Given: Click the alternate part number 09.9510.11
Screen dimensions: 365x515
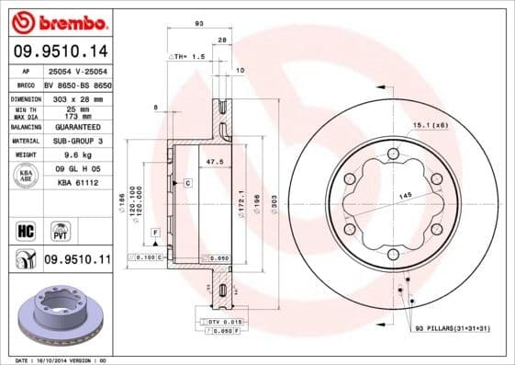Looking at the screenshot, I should pos(77,261).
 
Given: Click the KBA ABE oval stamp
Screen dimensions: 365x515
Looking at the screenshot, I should pos(26,177).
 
